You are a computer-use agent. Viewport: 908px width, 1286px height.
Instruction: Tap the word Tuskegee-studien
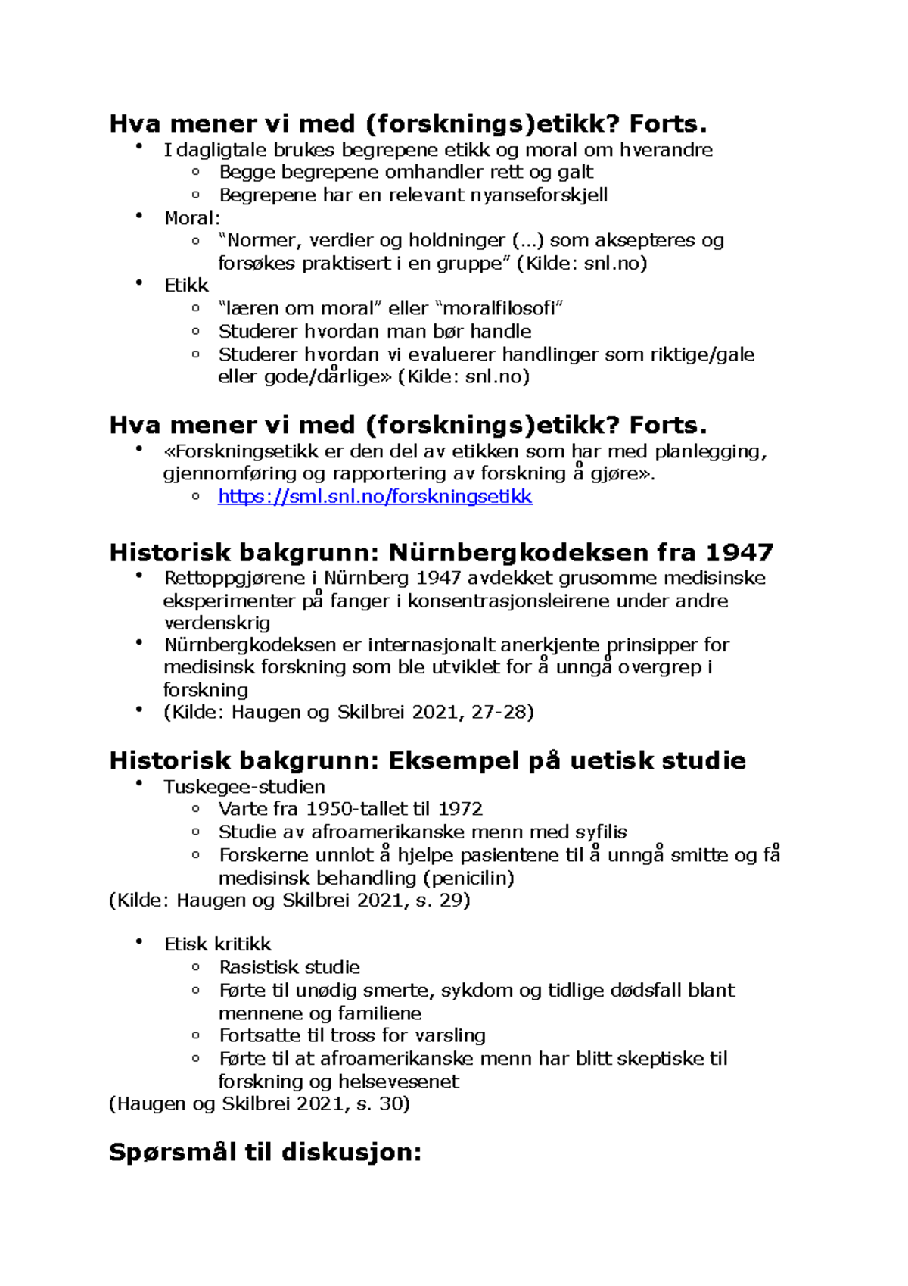pyautogui.click(x=244, y=786)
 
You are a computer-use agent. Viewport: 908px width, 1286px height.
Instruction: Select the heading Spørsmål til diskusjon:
pyautogui.click(x=265, y=1153)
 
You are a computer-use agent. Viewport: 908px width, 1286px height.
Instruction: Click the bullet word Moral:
pyautogui.click(x=192, y=218)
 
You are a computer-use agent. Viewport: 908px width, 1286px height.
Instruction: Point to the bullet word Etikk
pyautogui.click(x=186, y=286)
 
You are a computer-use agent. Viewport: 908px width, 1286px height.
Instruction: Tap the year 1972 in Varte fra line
pyautogui.click(x=460, y=809)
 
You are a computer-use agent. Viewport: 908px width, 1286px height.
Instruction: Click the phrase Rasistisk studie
pyautogui.click(x=289, y=967)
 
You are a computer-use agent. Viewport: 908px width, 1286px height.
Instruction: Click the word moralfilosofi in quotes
pyautogui.click(x=502, y=308)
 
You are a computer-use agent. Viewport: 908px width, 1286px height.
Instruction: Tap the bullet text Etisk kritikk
pyautogui.click(x=217, y=944)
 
